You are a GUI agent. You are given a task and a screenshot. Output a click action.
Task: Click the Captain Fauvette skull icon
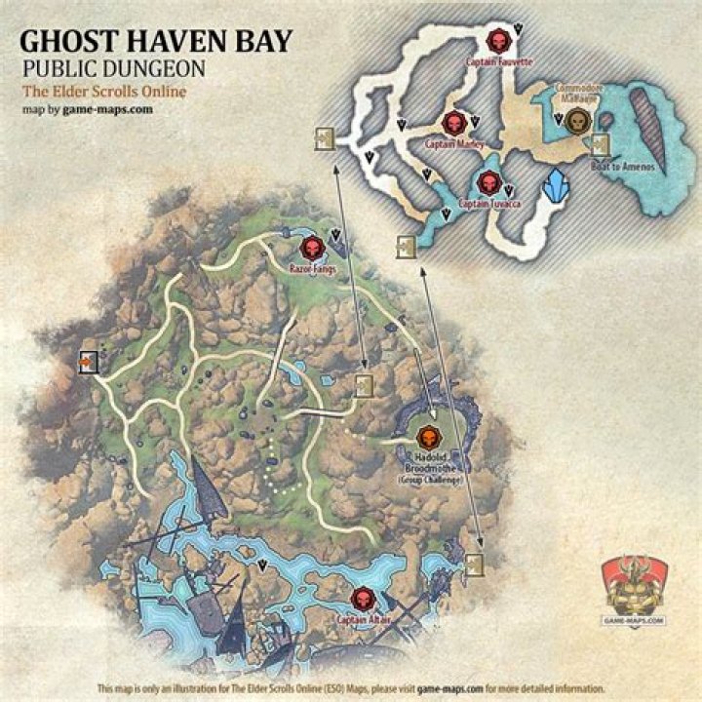coord(497,42)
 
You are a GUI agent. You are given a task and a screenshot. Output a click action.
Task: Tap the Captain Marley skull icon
coord(453,123)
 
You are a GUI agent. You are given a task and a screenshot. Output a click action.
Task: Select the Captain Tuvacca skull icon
coord(488,182)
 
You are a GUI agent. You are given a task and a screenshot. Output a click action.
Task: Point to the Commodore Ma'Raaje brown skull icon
coord(576,122)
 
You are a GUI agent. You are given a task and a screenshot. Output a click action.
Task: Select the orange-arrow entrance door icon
coord(89,363)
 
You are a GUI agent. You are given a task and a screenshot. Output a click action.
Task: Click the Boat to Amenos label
coord(620,168)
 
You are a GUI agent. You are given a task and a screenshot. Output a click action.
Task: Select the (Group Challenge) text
coord(430,480)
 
